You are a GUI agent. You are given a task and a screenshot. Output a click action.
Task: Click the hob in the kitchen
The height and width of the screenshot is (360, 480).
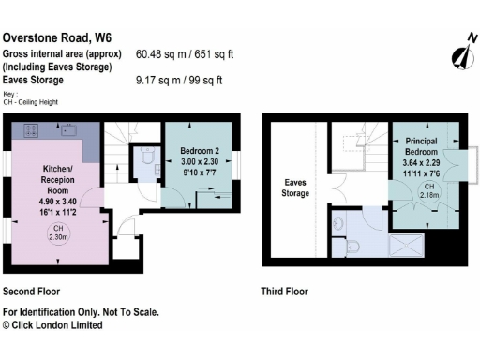click(x=31, y=129)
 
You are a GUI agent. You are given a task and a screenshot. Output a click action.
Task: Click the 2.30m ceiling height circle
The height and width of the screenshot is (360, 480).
click(x=57, y=232)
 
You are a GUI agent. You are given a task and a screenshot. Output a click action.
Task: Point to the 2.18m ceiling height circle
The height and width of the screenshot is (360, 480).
click(x=427, y=192)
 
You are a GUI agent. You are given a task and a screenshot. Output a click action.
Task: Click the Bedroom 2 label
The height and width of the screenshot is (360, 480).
click(x=199, y=149)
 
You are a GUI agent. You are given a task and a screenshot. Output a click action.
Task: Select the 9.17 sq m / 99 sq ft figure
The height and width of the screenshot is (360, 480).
click(x=180, y=81)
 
